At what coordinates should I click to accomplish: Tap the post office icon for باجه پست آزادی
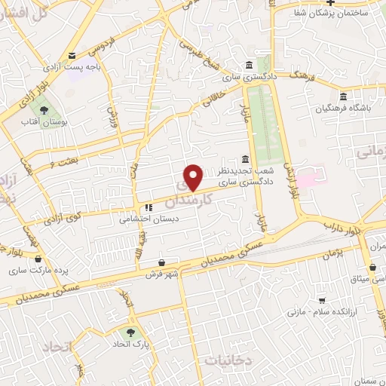pos(72,56)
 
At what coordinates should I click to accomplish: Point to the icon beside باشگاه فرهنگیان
pos(344,96)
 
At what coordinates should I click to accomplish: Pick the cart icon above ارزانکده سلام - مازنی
pos(322,299)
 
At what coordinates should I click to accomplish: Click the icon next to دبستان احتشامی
pos(148,209)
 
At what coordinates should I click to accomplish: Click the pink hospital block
pos(308,179)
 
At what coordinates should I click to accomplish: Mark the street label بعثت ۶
pos(63,163)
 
